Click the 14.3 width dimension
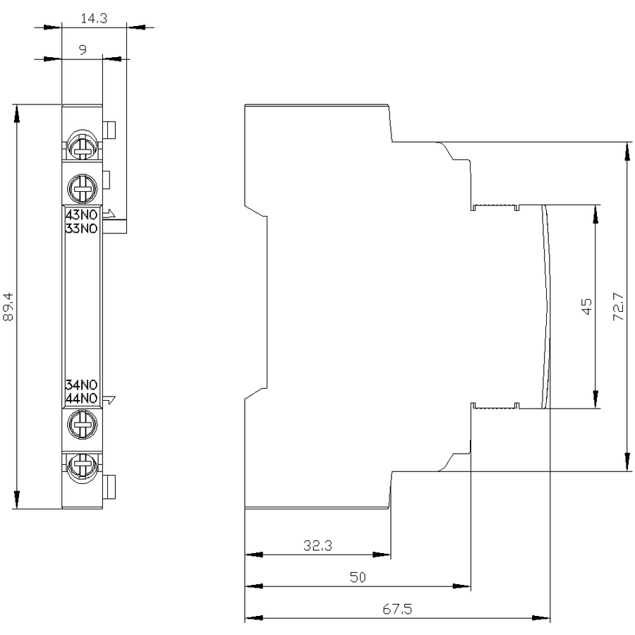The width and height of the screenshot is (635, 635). point(94,18)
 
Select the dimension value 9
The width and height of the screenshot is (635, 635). point(83,50)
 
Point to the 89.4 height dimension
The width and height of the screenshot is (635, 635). point(8,307)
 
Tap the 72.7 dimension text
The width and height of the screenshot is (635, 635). point(618,307)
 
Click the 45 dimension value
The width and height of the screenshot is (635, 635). point(586,306)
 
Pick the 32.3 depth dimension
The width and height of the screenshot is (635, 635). point(318,545)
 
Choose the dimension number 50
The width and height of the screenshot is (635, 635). point(358,577)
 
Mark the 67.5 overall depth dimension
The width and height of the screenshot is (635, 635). point(397,609)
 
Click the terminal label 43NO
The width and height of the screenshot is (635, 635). point(81,214)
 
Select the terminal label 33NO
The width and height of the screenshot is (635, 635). point(81,229)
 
